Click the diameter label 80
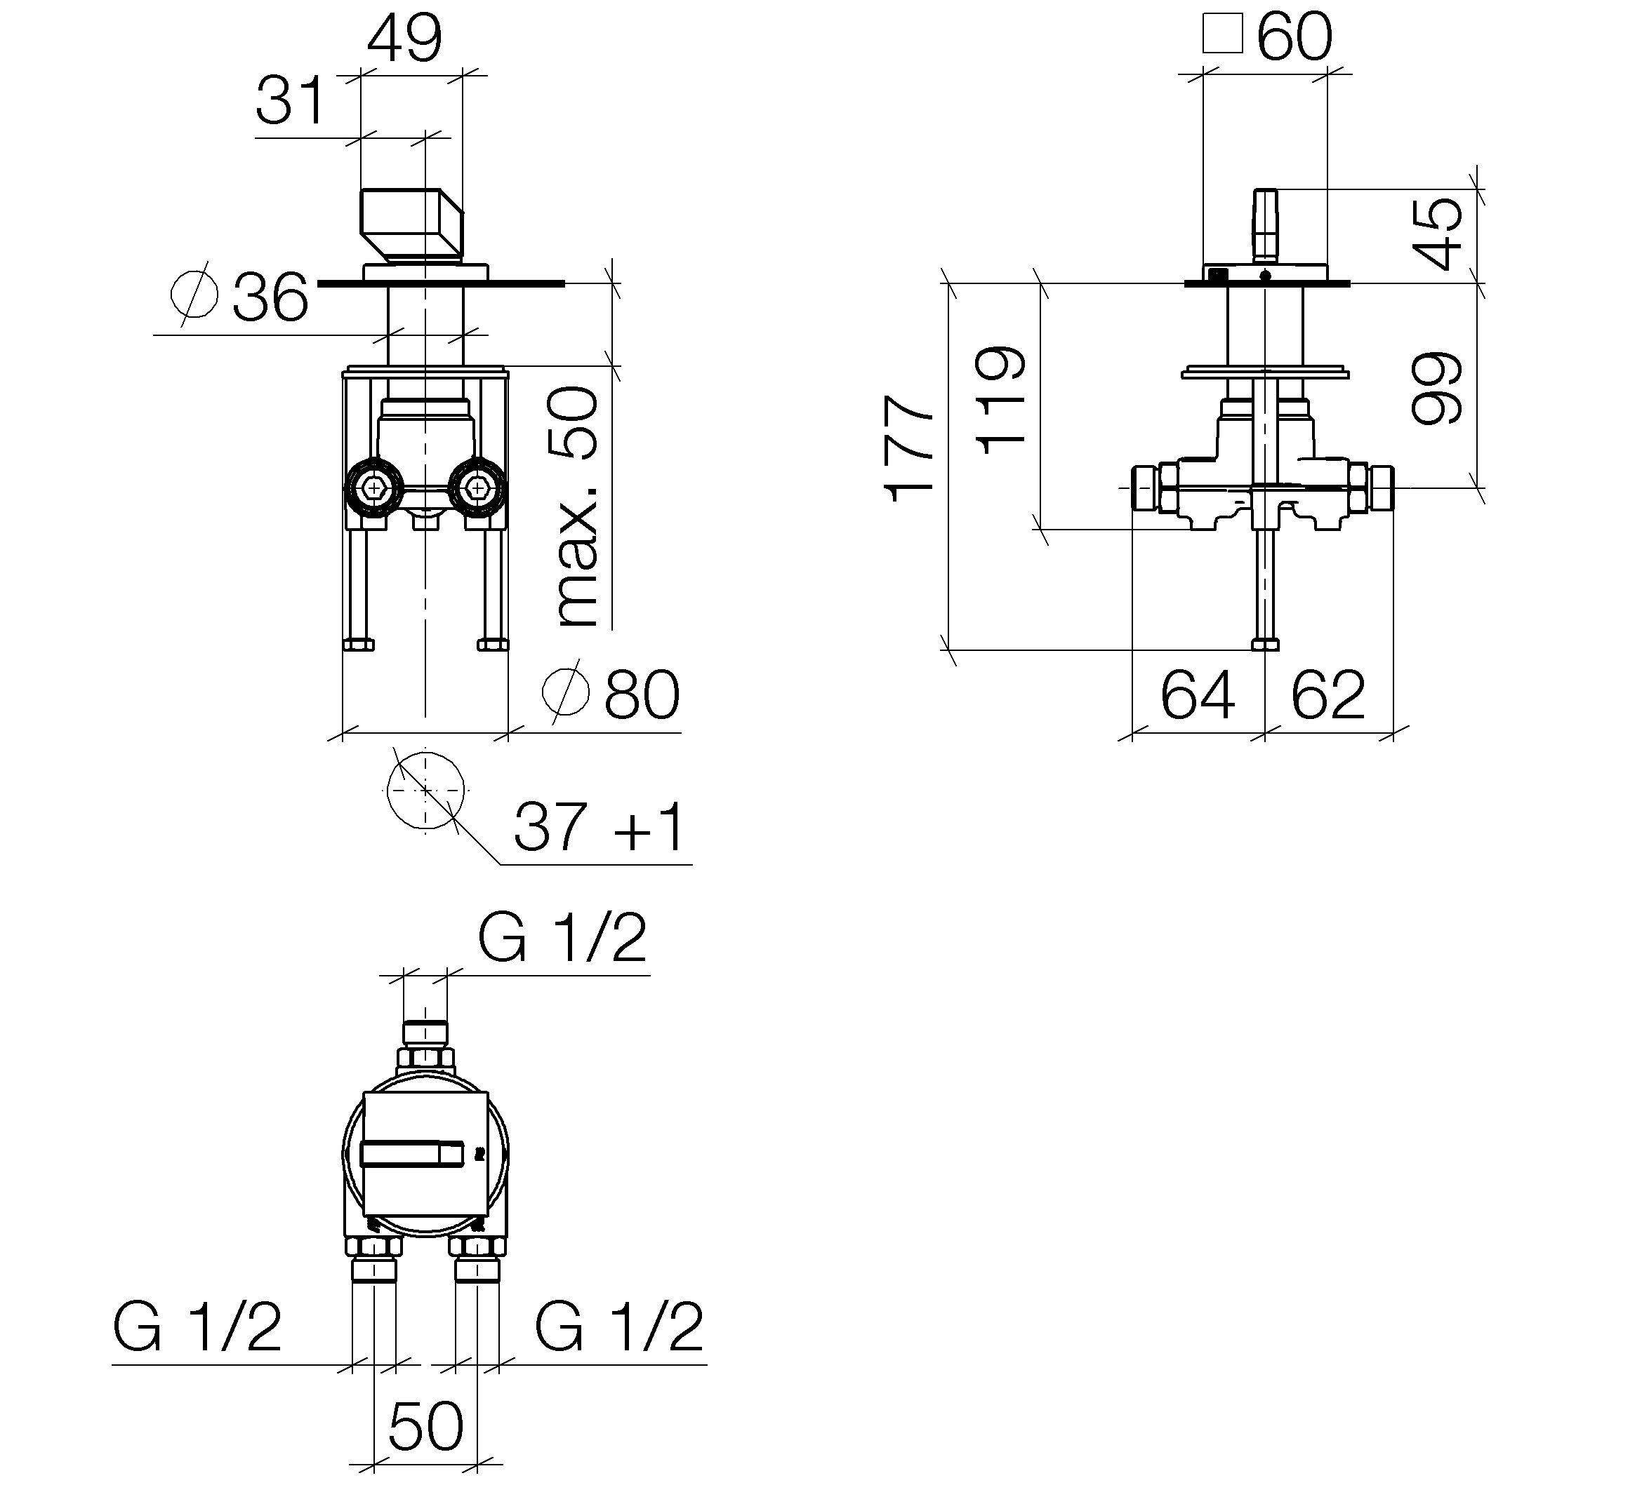[x=611, y=694]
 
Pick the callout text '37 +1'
[x=600, y=826]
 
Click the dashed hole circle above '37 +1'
[x=425, y=790]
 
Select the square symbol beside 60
[x=1222, y=34]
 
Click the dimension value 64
[x=1198, y=695]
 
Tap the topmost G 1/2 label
[x=562, y=938]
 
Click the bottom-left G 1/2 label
[x=197, y=1328]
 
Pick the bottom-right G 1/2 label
[x=618, y=1328]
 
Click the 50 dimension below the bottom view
[x=425, y=1426]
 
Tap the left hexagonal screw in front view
[x=374, y=488]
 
